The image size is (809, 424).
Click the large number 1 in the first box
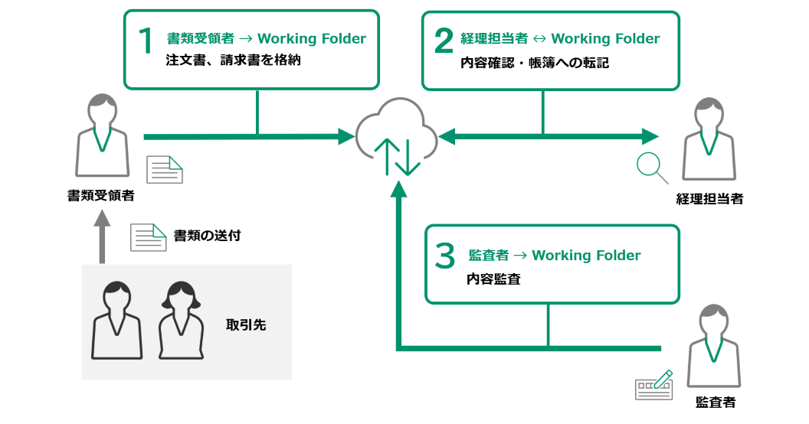pyautogui.click(x=146, y=42)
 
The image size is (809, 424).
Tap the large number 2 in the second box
pyautogui.click(x=443, y=42)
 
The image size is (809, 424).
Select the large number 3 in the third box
pyautogui.click(x=444, y=257)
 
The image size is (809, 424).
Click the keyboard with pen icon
pyautogui.click(x=653, y=386)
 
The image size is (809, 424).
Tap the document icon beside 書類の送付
pyautogui.click(x=148, y=237)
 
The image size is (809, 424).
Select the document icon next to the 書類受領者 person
pyautogui.click(x=165, y=169)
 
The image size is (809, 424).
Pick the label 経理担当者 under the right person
pyautogui.click(x=709, y=200)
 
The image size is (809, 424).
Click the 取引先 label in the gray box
pyautogui.click(x=246, y=325)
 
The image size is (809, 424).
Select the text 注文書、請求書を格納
pyautogui.click(x=233, y=61)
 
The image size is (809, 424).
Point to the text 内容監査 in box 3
pyautogui.click(x=493, y=279)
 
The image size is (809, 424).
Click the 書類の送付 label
pyautogui.click(x=207, y=235)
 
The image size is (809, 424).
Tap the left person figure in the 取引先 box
pyautogui.click(x=116, y=321)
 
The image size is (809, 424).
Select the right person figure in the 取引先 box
pyautogui.click(x=181, y=321)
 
